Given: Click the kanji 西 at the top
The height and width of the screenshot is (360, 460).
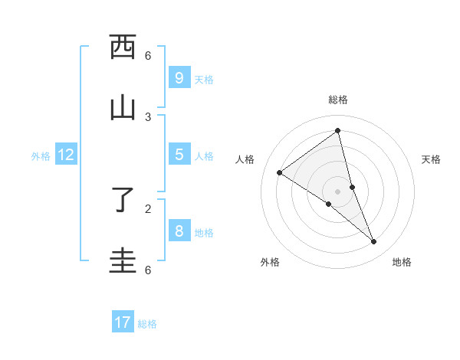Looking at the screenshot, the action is tap(123, 47).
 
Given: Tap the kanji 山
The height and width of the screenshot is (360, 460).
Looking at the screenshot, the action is tap(123, 108).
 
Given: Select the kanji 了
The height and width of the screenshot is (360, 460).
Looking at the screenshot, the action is tap(123, 200).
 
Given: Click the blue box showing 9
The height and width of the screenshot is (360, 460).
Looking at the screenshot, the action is tap(179, 77).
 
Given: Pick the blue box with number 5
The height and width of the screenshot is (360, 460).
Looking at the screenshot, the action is tap(179, 154).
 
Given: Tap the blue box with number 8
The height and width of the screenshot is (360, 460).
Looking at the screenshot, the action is tap(179, 231).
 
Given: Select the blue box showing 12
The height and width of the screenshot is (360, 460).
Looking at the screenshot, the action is tap(66, 155).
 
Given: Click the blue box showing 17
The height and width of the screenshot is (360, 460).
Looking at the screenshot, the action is tap(123, 322).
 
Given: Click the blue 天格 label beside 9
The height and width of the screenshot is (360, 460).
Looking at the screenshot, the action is tap(204, 80).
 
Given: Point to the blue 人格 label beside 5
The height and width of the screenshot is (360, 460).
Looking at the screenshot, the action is tap(204, 156).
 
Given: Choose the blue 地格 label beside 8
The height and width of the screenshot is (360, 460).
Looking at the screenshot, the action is tap(204, 233).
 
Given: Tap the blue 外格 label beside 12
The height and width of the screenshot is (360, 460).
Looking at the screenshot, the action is tap(41, 156).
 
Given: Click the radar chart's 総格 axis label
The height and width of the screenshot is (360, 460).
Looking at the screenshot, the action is tap(338, 100).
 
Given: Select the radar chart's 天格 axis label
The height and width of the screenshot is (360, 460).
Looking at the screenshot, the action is tap(432, 159).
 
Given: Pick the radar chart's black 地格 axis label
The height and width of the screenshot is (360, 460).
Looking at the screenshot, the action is tap(402, 262).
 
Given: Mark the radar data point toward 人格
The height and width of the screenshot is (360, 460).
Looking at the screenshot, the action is tap(279, 172).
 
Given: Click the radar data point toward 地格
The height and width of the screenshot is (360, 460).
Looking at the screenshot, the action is tap(374, 242).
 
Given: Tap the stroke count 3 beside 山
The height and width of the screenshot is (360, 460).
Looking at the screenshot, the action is tap(148, 116).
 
